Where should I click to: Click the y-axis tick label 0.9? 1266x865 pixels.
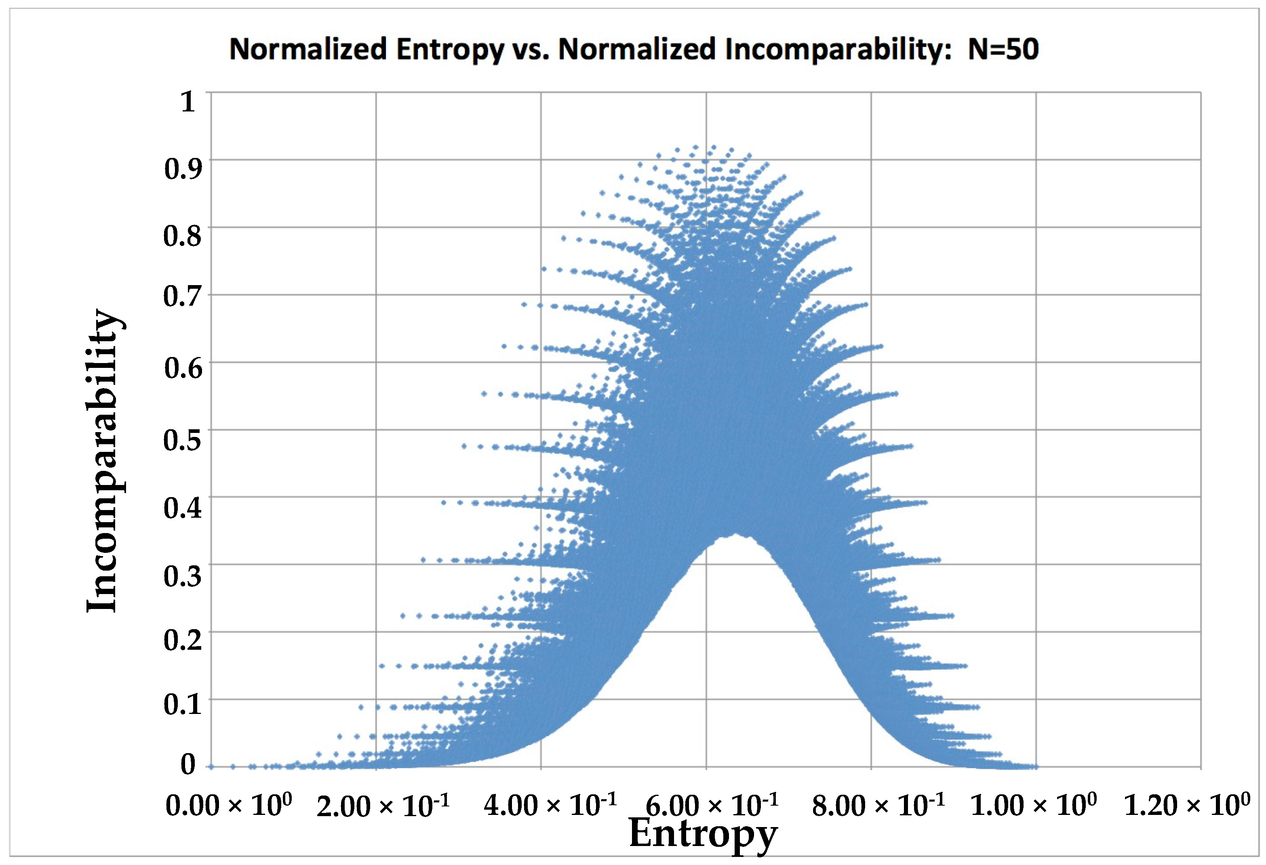point(183,169)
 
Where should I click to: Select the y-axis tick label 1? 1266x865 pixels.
point(188,102)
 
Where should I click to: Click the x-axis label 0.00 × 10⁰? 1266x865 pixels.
point(228,805)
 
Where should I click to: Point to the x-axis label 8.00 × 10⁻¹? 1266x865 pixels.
point(878,805)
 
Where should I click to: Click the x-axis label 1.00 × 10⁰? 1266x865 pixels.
point(1033,805)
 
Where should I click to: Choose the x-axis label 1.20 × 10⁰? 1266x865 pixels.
point(1187,805)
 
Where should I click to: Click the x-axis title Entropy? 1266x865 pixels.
point(703,834)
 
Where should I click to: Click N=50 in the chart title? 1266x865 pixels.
point(1003,50)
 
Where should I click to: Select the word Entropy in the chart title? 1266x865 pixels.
point(450,50)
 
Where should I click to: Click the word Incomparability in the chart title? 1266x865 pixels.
point(837,50)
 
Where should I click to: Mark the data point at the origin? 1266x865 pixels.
point(211,766)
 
